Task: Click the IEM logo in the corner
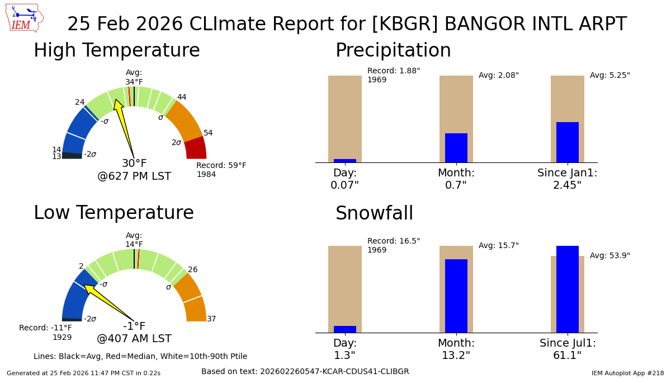click(24, 18)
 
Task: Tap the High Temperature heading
click(116, 51)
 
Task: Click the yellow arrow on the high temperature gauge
click(124, 127)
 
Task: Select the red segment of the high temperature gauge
click(196, 148)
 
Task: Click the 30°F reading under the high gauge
click(134, 164)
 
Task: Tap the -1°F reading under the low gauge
click(134, 326)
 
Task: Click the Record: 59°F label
click(221, 166)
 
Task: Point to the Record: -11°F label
click(45, 328)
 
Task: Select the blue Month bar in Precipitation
click(456, 148)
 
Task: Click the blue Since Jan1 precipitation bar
click(568, 142)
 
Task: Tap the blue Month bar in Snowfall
click(456, 296)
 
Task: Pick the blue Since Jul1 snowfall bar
click(568, 289)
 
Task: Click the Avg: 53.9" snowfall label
click(610, 256)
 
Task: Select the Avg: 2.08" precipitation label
click(499, 76)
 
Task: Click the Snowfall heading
click(374, 214)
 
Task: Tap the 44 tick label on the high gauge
click(182, 97)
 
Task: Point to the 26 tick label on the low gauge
click(193, 270)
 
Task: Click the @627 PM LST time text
click(134, 176)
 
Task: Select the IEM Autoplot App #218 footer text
click(627, 373)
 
